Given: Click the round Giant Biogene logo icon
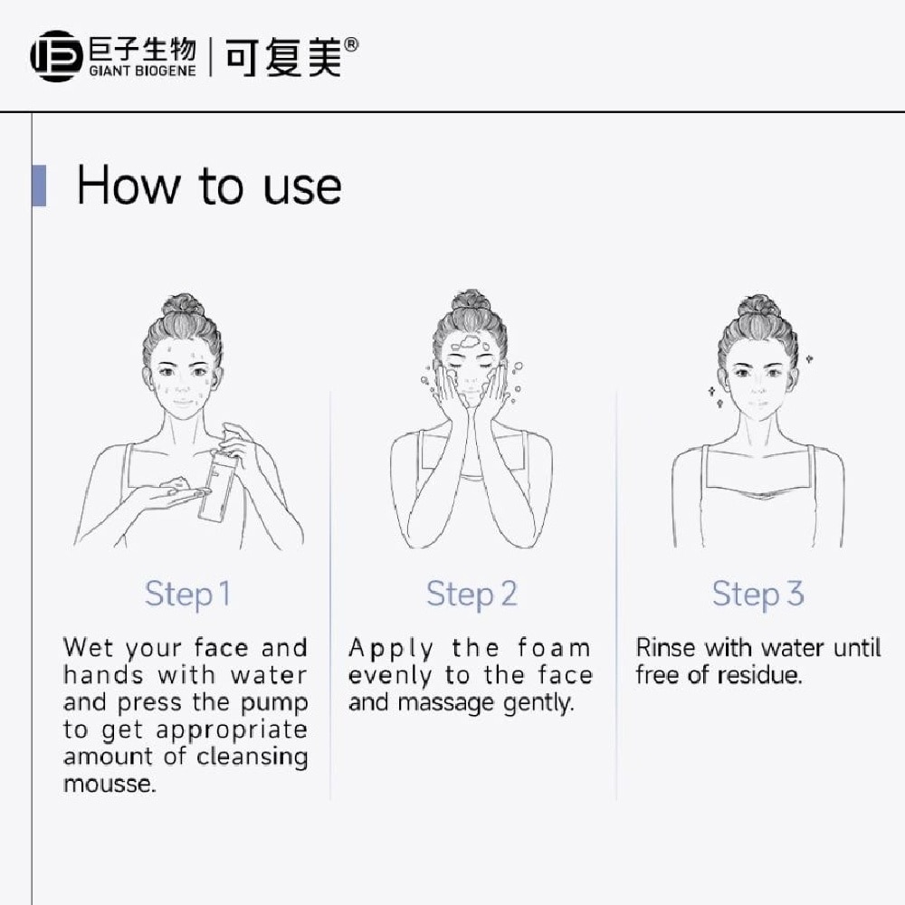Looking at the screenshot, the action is [x=56, y=56].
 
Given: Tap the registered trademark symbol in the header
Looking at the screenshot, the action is [x=351, y=45].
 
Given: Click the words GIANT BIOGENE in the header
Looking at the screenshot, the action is [x=143, y=71].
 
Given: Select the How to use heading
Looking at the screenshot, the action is [x=209, y=186].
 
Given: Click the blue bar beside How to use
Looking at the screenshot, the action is [x=39, y=186].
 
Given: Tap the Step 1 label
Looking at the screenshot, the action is [x=187, y=595].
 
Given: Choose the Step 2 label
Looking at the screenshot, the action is [x=472, y=595].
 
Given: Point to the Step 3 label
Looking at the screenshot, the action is [x=757, y=595].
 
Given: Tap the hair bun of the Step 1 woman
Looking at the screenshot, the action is [x=183, y=305].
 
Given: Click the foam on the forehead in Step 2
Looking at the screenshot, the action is [x=470, y=342].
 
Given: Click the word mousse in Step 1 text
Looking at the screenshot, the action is [x=110, y=784].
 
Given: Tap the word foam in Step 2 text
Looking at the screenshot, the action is [x=554, y=648].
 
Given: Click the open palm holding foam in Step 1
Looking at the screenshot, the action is [x=168, y=494].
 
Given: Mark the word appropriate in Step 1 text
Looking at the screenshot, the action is [x=232, y=731].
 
